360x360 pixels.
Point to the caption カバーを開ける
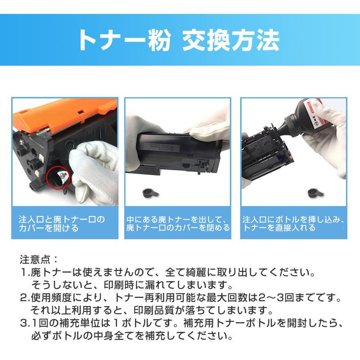(49, 229)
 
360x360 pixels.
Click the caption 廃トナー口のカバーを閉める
(178, 228)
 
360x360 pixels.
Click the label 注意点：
(39, 260)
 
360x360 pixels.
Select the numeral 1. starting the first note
(25, 273)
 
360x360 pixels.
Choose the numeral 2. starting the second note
(25, 298)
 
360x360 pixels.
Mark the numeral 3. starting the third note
(25, 324)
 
